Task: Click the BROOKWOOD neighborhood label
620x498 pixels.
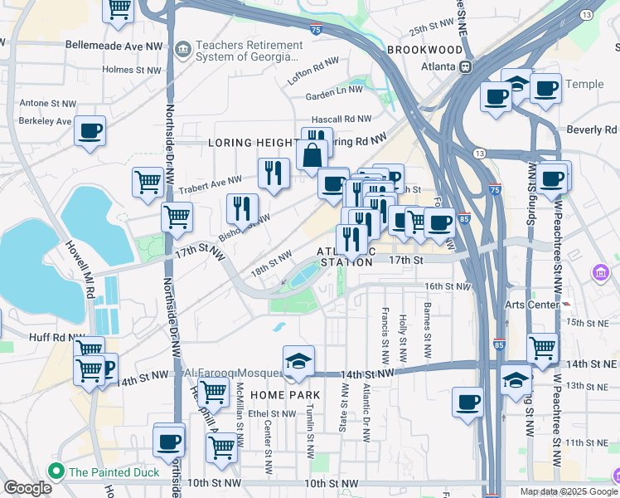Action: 424,50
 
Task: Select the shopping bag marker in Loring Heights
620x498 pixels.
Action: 311,156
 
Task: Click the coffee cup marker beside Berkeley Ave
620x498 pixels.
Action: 90,131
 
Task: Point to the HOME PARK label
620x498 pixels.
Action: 267,394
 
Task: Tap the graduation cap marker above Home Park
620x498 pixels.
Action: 298,361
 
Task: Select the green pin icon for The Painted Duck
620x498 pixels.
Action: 56,472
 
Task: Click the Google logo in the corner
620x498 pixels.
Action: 27,488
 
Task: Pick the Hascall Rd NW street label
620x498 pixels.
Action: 341,120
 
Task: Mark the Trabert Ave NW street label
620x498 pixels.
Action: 210,180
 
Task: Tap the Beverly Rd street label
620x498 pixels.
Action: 592,130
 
